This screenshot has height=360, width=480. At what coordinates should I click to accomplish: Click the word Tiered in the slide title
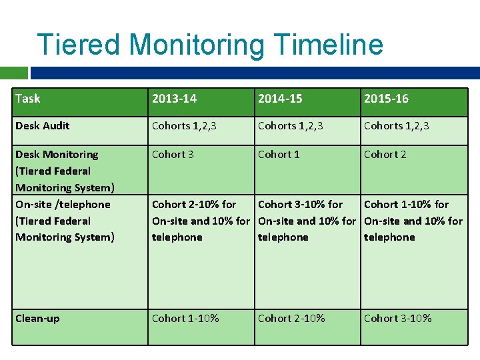[79, 45]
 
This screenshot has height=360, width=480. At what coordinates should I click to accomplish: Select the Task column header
[27, 99]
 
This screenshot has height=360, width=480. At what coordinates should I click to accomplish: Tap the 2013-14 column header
[174, 99]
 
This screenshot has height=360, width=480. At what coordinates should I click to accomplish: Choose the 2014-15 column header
[280, 99]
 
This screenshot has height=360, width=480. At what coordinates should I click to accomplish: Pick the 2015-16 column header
[386, 99]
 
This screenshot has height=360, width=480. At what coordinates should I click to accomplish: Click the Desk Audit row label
[43, 126]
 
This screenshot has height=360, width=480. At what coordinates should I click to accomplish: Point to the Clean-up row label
[37, 319]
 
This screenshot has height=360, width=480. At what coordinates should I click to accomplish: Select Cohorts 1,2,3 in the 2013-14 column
[184, 126]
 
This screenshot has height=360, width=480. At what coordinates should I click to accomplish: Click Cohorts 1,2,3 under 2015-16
[396, 126]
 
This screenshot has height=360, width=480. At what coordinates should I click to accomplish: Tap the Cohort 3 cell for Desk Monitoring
[173, 155]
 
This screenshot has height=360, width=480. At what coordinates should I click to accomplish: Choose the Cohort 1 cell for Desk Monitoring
[279, 155]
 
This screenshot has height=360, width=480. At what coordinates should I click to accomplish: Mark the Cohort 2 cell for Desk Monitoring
[385, 155]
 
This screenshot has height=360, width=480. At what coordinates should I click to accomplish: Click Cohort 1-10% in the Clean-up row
[185, 319]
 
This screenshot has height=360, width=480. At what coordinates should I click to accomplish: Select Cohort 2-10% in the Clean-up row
[291, 319]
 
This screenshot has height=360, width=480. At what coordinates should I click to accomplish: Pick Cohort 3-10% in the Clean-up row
[397, 319]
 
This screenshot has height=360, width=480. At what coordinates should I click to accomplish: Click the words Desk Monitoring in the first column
[57, 155]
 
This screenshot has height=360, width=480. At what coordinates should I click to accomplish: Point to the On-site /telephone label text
[63, 205]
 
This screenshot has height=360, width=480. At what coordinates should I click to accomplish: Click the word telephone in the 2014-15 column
[283, 237]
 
